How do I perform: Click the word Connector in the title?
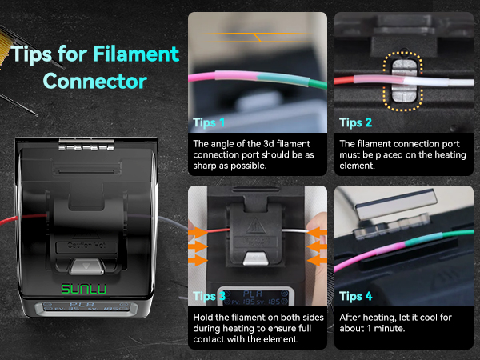click(94, 81)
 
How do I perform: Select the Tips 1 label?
click(209, 122)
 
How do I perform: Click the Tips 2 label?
click(354, 122)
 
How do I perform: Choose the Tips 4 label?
click(354, 296)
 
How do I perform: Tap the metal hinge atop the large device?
click(84, 142)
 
